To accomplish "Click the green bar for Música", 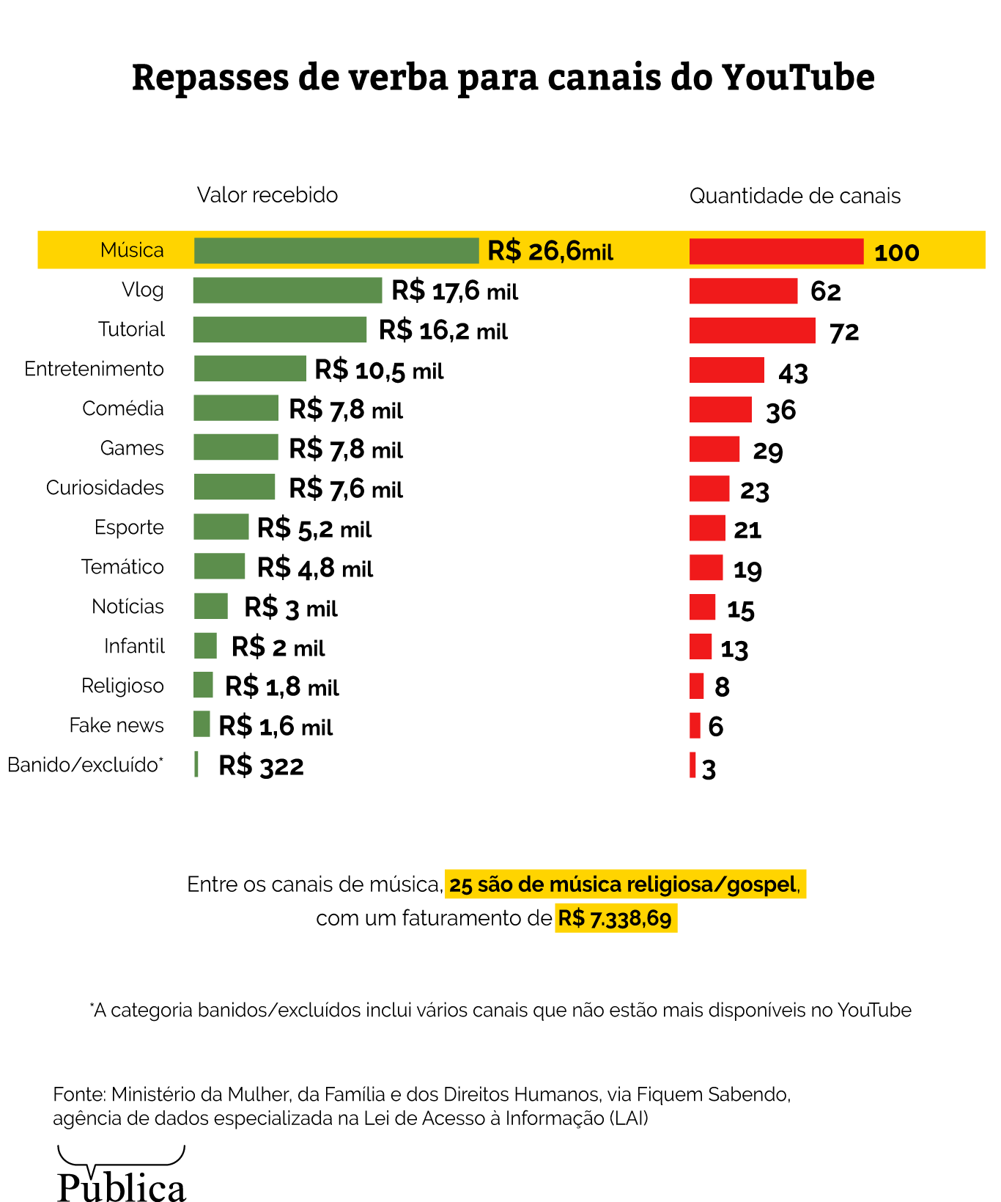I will [x=336, y=251].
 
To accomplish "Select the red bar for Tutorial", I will [x=752, y=331].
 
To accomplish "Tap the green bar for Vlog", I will [x=287, y=290].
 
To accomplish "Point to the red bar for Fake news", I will [x=695, y=725].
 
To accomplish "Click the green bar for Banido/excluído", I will [x=196, y=764].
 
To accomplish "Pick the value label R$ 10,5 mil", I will [x=379, y=370].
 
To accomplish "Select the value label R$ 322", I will [x=261, y=766].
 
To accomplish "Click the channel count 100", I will [x=896, y=253].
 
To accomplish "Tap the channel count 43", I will [x=793, y=373].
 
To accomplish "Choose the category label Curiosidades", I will [x=105, y=488].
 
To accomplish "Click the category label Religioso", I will [x=122, y=686].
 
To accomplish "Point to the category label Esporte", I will [x=129, y=527].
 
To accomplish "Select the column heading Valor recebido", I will [x=267, y=195].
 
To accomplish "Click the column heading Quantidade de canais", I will [x=795, y=196].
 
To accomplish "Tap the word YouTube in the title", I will [x=798, y=78].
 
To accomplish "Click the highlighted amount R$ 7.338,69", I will [x=616, y=918].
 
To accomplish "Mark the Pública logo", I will [x=122, y=1177].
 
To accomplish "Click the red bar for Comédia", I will [x=720, y=409].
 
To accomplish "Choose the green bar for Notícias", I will [x=211, y=607].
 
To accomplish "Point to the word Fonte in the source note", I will [x=79, y=1095].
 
